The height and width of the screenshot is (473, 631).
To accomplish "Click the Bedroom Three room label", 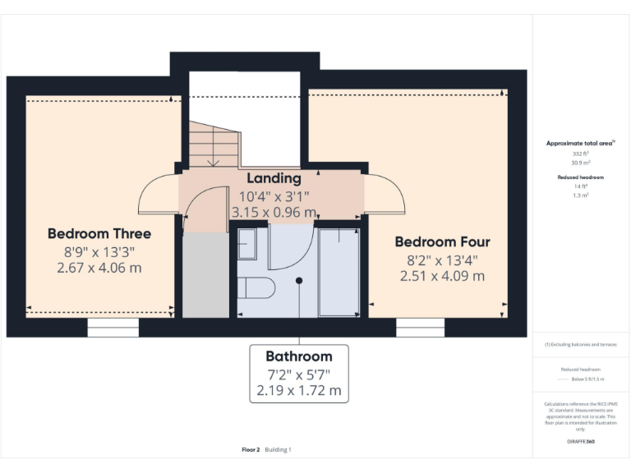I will tap(99, 233).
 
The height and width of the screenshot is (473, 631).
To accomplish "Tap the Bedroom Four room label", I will tap(442, 241).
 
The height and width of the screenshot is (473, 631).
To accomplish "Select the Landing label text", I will tap(274, 178).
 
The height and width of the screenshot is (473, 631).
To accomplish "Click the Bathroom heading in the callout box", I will tap(298, 356).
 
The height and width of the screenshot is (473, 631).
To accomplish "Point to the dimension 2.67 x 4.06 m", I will tap(99, 268).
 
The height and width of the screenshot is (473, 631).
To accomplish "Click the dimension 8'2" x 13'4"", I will tap(442, 259).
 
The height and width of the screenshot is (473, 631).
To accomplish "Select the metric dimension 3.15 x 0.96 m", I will tap(274, 213).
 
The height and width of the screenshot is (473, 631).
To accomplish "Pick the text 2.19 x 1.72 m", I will tap(298, 390).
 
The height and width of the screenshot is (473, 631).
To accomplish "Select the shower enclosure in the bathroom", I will tap(339, 272).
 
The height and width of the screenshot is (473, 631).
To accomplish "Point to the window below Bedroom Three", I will tap(113, 328).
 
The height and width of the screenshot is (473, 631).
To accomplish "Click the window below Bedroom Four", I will tap(420, 328).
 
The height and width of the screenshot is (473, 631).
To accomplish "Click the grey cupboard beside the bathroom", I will tap(205, 275).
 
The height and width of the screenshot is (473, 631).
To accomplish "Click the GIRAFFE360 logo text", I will tap(580, 442).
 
